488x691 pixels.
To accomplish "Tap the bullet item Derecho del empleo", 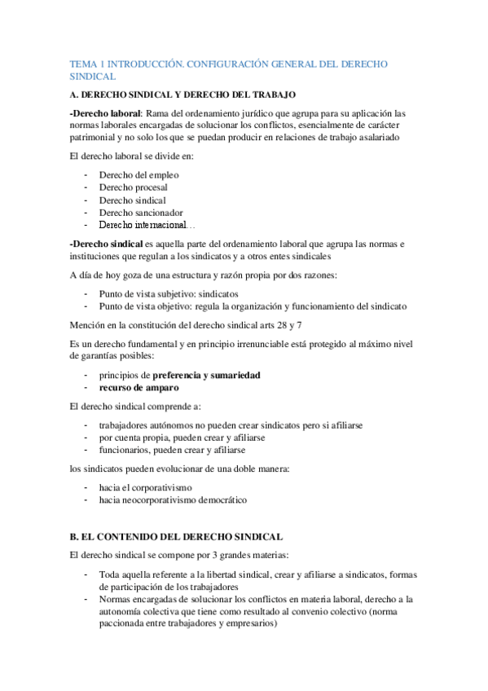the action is click(138, 175).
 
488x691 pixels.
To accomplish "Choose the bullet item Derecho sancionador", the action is click(140, 213).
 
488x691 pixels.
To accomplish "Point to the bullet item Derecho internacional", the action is click(143, 225).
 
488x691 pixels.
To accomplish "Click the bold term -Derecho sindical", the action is click(107, 243).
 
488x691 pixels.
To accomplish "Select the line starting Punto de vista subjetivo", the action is click(180, 293).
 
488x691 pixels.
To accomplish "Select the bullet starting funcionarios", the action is click(172, 450).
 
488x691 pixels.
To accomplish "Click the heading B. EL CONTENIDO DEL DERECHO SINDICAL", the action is click(177, 537).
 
